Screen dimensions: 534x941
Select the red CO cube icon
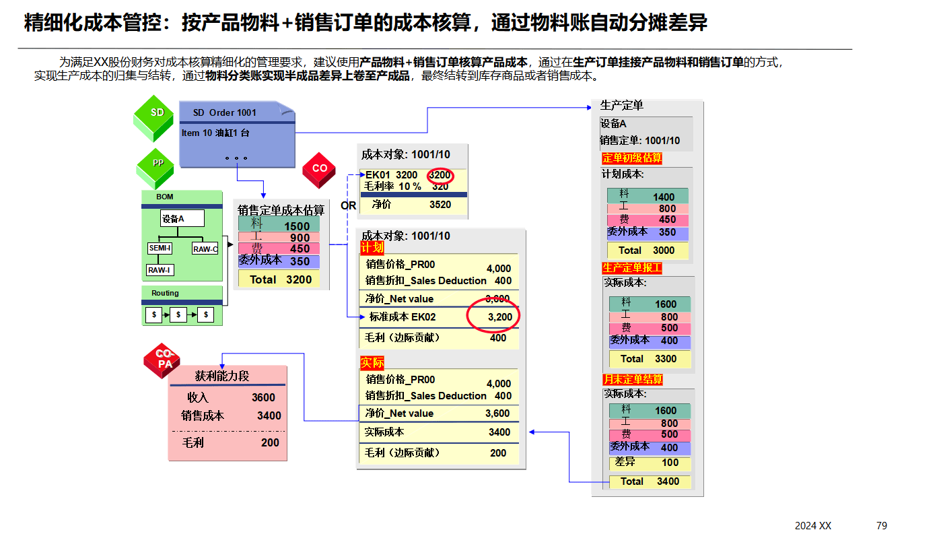tap(319, 171)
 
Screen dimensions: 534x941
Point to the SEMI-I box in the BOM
tap(160, 248)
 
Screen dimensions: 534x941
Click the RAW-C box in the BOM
tap(205, 249)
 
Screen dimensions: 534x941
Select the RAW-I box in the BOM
tap(160, 270)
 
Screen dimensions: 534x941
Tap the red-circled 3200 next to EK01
tap(440, 175)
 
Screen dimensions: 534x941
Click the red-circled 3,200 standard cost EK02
tap(499, 316)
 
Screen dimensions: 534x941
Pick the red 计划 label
tap(372, 248)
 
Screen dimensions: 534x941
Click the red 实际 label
tap(372, 363)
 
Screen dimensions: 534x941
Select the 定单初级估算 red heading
tap(631, 158)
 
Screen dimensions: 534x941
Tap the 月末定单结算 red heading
tap(633, 380)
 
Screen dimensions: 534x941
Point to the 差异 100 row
tap(648, 463)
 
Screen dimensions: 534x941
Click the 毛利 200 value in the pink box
tap(270, 443)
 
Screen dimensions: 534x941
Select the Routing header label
tap(165, 293)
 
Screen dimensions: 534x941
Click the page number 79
tap(882, 525)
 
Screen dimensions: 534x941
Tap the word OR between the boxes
tap(348, 206)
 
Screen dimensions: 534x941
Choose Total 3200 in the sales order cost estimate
tap(281, 279)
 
